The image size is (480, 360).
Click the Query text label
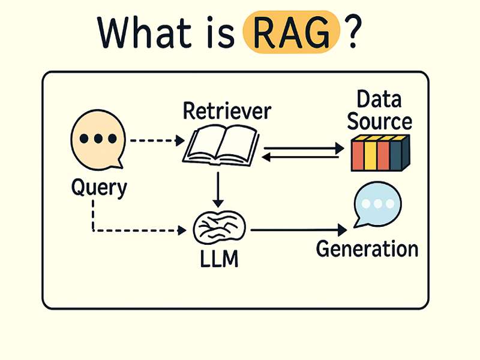pos(99,188)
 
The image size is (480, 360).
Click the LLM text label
pos(220,260)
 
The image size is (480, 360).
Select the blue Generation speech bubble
pos(377,205)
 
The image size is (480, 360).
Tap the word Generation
pos(367,248)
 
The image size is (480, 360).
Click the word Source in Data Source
pos(380,122)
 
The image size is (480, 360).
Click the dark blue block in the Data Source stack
pos(396,155)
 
